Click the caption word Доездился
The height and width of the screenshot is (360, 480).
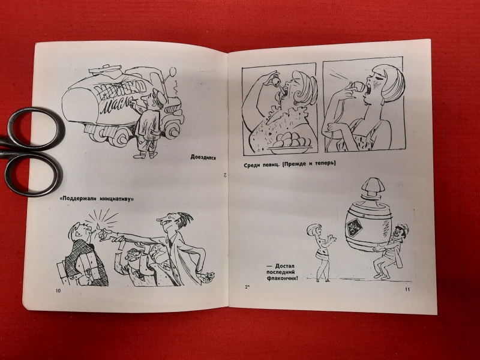click(203, 157)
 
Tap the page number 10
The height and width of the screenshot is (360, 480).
click(58, 290)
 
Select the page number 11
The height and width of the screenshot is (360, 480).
click(407, 289)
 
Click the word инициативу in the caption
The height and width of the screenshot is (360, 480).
click(116, 199)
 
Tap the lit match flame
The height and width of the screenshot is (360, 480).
click(98, 227)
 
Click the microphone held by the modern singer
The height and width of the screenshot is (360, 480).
click(359, 87)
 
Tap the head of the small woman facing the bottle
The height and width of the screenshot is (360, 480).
click(314, 230)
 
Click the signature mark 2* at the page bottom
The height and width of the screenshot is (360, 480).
click(247, 287)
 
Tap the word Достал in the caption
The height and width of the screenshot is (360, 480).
click(285, 266)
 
